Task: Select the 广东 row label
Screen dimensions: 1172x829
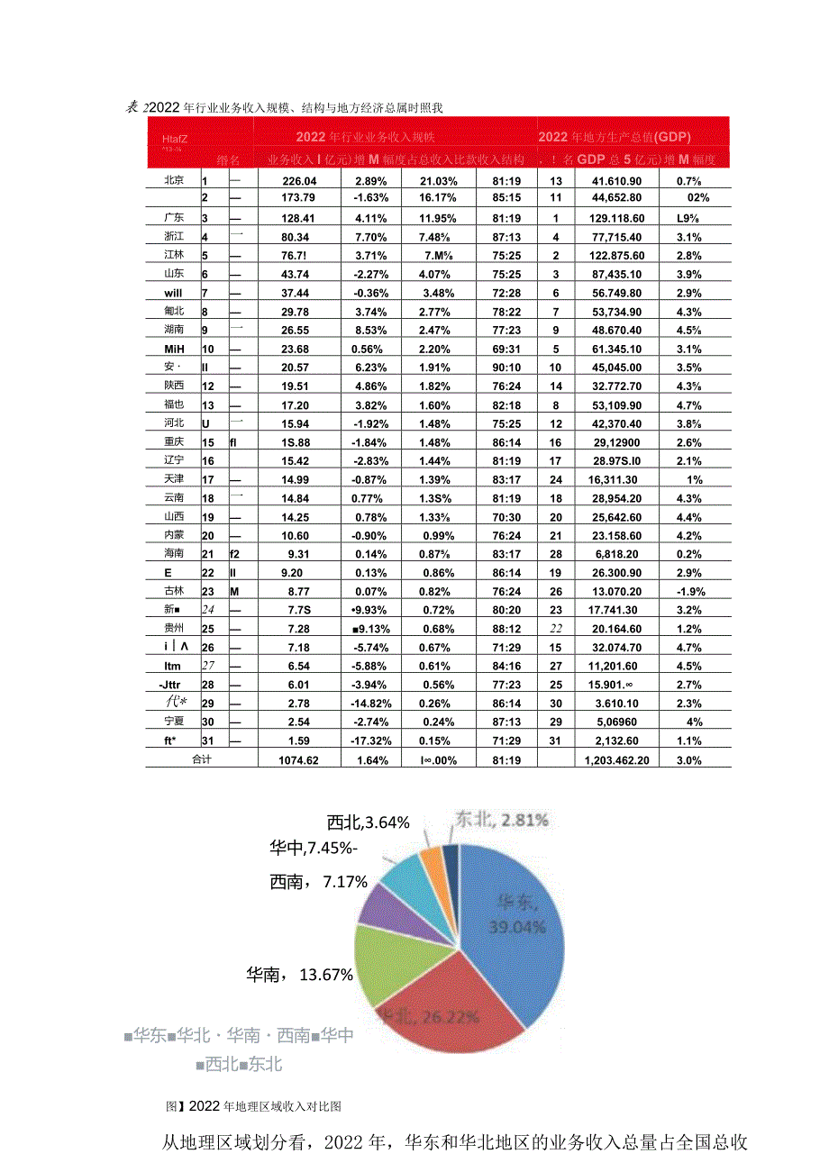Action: click(x=175, y=218)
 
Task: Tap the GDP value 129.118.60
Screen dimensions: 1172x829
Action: click(x=616, y=218)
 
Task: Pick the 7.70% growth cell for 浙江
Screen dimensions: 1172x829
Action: click(x=370, y=237)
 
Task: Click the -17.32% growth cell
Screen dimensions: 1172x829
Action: click(x=370, y=741)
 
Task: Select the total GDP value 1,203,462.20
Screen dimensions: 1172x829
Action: click(x=616, y=760)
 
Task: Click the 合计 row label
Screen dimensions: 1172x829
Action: click(x=201, y=760)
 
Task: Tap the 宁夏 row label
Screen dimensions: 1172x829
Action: click(x=175, y=722)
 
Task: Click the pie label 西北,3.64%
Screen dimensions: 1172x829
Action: click(x=368, y=822)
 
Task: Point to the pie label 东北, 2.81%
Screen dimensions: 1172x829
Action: click(x=501, y=820)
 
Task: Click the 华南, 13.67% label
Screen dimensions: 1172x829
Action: click(x=299, y=974)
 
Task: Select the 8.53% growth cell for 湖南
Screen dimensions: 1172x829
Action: click(x=370, y=331)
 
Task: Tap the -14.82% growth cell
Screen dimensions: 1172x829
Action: click(x=370, y=704)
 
